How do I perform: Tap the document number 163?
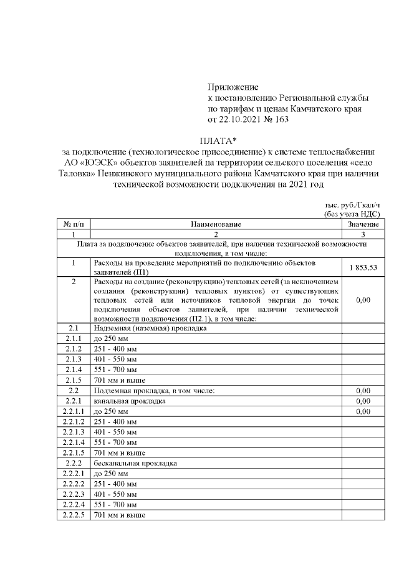(281, 119)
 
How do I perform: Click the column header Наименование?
(216, 223)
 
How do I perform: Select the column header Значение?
(363, 223)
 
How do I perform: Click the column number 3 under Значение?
(363, 233)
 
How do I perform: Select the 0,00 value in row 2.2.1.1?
(363, 411)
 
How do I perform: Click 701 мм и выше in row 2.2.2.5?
(119, 515)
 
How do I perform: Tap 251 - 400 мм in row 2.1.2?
(115, 348)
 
